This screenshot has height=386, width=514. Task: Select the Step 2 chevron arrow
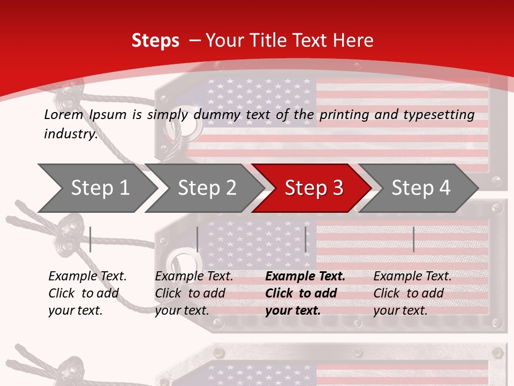206,188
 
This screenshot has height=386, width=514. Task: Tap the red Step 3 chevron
313,188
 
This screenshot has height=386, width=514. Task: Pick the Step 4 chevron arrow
420,188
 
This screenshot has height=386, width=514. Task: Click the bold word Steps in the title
155,41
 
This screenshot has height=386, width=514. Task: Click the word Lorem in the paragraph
63,114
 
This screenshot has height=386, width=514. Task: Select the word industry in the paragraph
70,134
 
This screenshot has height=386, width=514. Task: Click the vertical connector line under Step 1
90,239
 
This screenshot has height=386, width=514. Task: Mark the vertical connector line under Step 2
198,239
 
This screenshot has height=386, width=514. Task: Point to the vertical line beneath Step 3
305,239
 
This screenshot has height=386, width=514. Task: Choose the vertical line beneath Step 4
413,239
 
